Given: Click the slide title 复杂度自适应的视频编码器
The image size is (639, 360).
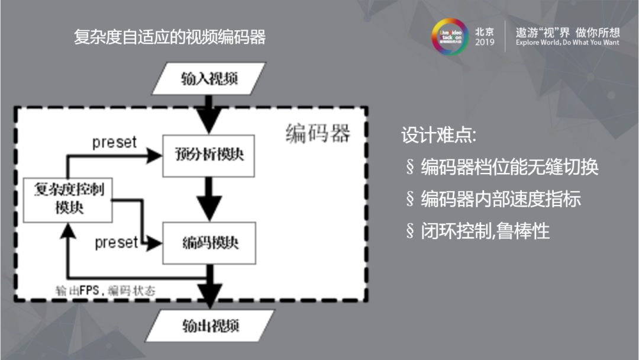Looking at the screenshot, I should tap(170, 37).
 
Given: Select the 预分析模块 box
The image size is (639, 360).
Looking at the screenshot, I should tap(209, 155).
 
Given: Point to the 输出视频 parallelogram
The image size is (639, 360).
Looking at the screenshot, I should tap(210, 326).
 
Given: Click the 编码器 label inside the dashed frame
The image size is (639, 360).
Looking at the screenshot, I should tap(317, 134).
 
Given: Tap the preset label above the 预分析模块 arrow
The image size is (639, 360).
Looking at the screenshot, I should tap(114, 143).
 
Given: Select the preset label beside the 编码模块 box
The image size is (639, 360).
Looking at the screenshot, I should tap(116, 243).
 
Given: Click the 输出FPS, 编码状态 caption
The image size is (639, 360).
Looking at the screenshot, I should tap(106, 291).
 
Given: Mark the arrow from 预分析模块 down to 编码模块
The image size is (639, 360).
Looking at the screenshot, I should tap(209, 199).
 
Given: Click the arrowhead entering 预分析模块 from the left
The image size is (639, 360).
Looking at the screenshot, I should tap(155, 155).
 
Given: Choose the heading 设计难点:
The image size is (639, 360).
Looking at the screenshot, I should tap(438, 135).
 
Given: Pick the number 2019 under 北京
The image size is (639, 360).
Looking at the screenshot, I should tap(485, 43).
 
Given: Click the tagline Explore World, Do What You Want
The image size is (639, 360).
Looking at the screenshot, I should tap(567, 43).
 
